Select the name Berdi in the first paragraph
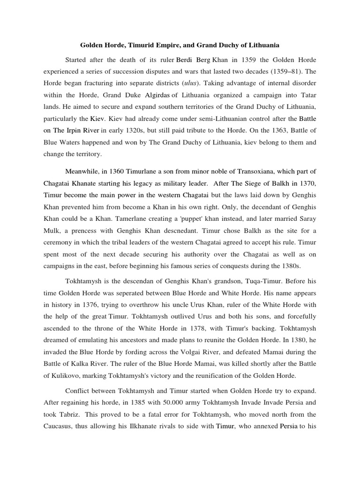(x=185, y=60)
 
